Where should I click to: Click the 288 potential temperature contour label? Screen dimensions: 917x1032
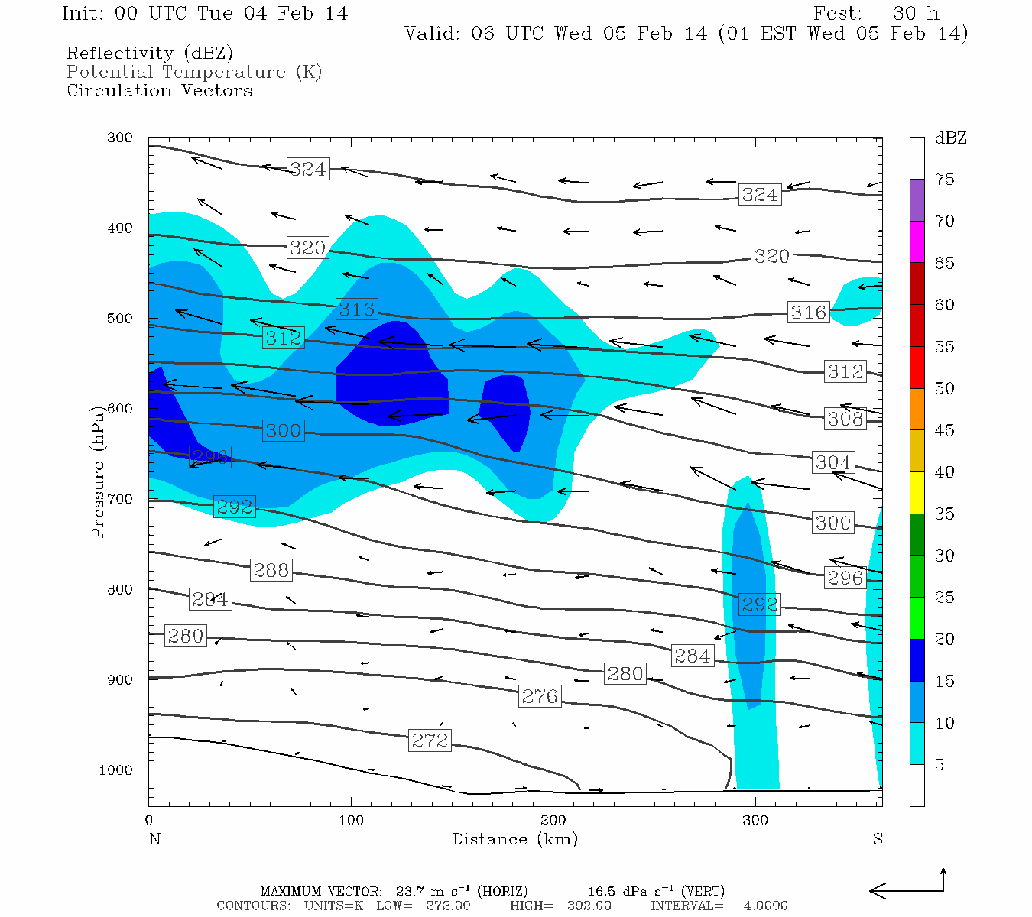(271, 570)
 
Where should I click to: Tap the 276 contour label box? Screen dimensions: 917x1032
(540, 696)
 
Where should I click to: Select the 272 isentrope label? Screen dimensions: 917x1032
(430, 740)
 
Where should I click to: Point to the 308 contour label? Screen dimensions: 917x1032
(845, 419)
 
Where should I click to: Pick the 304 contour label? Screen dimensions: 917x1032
(832, 462)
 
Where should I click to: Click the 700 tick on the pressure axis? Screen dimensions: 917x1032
(119, 499)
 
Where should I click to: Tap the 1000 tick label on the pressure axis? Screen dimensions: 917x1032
(116, 770)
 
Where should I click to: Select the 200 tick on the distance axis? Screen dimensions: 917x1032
(553, 821)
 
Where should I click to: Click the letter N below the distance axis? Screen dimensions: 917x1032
(154, 839)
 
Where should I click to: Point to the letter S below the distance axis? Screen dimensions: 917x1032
(878, 839)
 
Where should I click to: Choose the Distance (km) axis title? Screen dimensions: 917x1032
(514, 839)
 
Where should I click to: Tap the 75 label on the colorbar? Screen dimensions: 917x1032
(944, 180)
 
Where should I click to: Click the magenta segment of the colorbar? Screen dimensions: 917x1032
(917, 241)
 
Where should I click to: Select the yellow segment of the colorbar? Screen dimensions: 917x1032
(917, 493)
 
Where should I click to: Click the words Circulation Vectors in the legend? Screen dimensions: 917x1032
(159, 90)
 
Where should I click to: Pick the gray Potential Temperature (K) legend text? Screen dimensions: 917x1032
(194, 72)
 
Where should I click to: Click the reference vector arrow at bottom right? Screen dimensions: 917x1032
(907, 889)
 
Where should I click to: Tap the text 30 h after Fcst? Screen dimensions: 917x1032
(915, 14)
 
